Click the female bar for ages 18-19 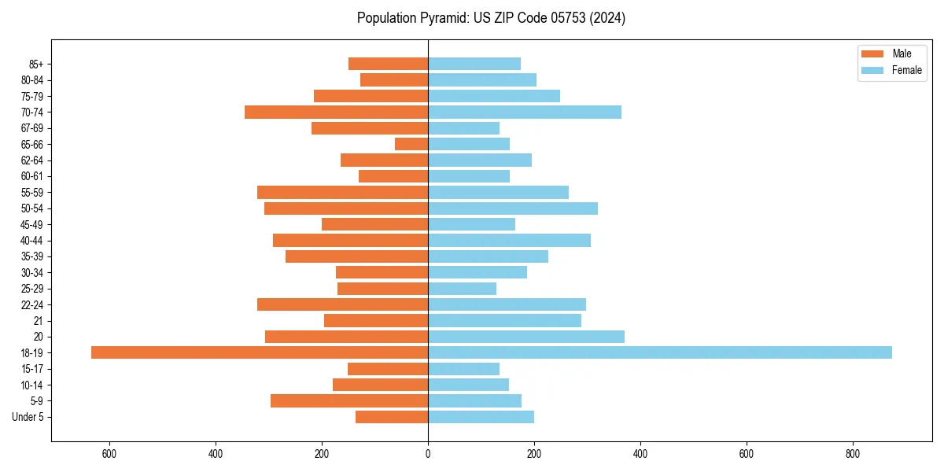click(x=659, y=352)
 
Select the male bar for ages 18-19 click(x=260, y=352)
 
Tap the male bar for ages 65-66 click(x=411, y=144)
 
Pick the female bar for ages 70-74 click(x=525, y=112)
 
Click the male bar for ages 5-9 click(x=349, y=400)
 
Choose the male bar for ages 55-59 click(x=342, y=192)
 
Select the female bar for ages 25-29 click(x=462, y=289)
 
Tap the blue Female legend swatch click(x=873, y=70)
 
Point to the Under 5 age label click(x=28, y=417)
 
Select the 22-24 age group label click(x=32, y=304)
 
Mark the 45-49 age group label click(x=32, y=224)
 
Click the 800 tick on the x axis click(x=852, y=454)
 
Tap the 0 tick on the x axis click(x=428, y=454)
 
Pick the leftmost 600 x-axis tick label click(x=109, y=454)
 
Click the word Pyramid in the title click(x=441, y=18)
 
